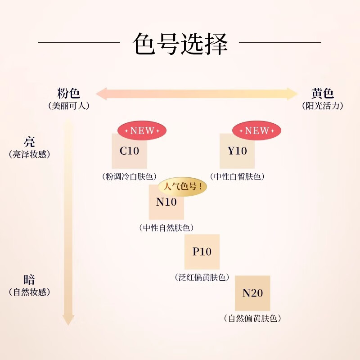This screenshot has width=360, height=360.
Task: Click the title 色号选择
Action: (180, 44)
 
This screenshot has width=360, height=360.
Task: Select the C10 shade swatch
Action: (129, 151)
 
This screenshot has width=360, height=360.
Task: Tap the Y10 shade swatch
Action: (237, 151)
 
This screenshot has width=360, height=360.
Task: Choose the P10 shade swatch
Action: (202, 252)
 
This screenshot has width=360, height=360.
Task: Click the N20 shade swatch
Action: (252, 293)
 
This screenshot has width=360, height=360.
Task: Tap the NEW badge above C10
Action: (142, 131)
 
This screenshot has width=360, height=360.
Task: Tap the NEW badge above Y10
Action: (256, 131)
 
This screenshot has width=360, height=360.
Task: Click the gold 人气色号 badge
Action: (182, 187)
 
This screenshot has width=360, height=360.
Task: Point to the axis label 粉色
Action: (69, 93)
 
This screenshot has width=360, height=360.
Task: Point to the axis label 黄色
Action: (323, 93)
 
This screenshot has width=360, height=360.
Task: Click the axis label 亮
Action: (29, 142)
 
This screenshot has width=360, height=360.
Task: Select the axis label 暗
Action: (29, 279)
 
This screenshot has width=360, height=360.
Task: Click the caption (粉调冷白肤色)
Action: (129, 176)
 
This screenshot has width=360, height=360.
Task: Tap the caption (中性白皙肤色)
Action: (237, 176)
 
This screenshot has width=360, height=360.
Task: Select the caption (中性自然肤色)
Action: (166, 228)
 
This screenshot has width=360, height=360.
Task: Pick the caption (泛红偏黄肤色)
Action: (202, 277)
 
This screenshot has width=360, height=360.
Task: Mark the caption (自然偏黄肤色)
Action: (252, 319)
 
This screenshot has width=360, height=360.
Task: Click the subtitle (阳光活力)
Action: (323, 106)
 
